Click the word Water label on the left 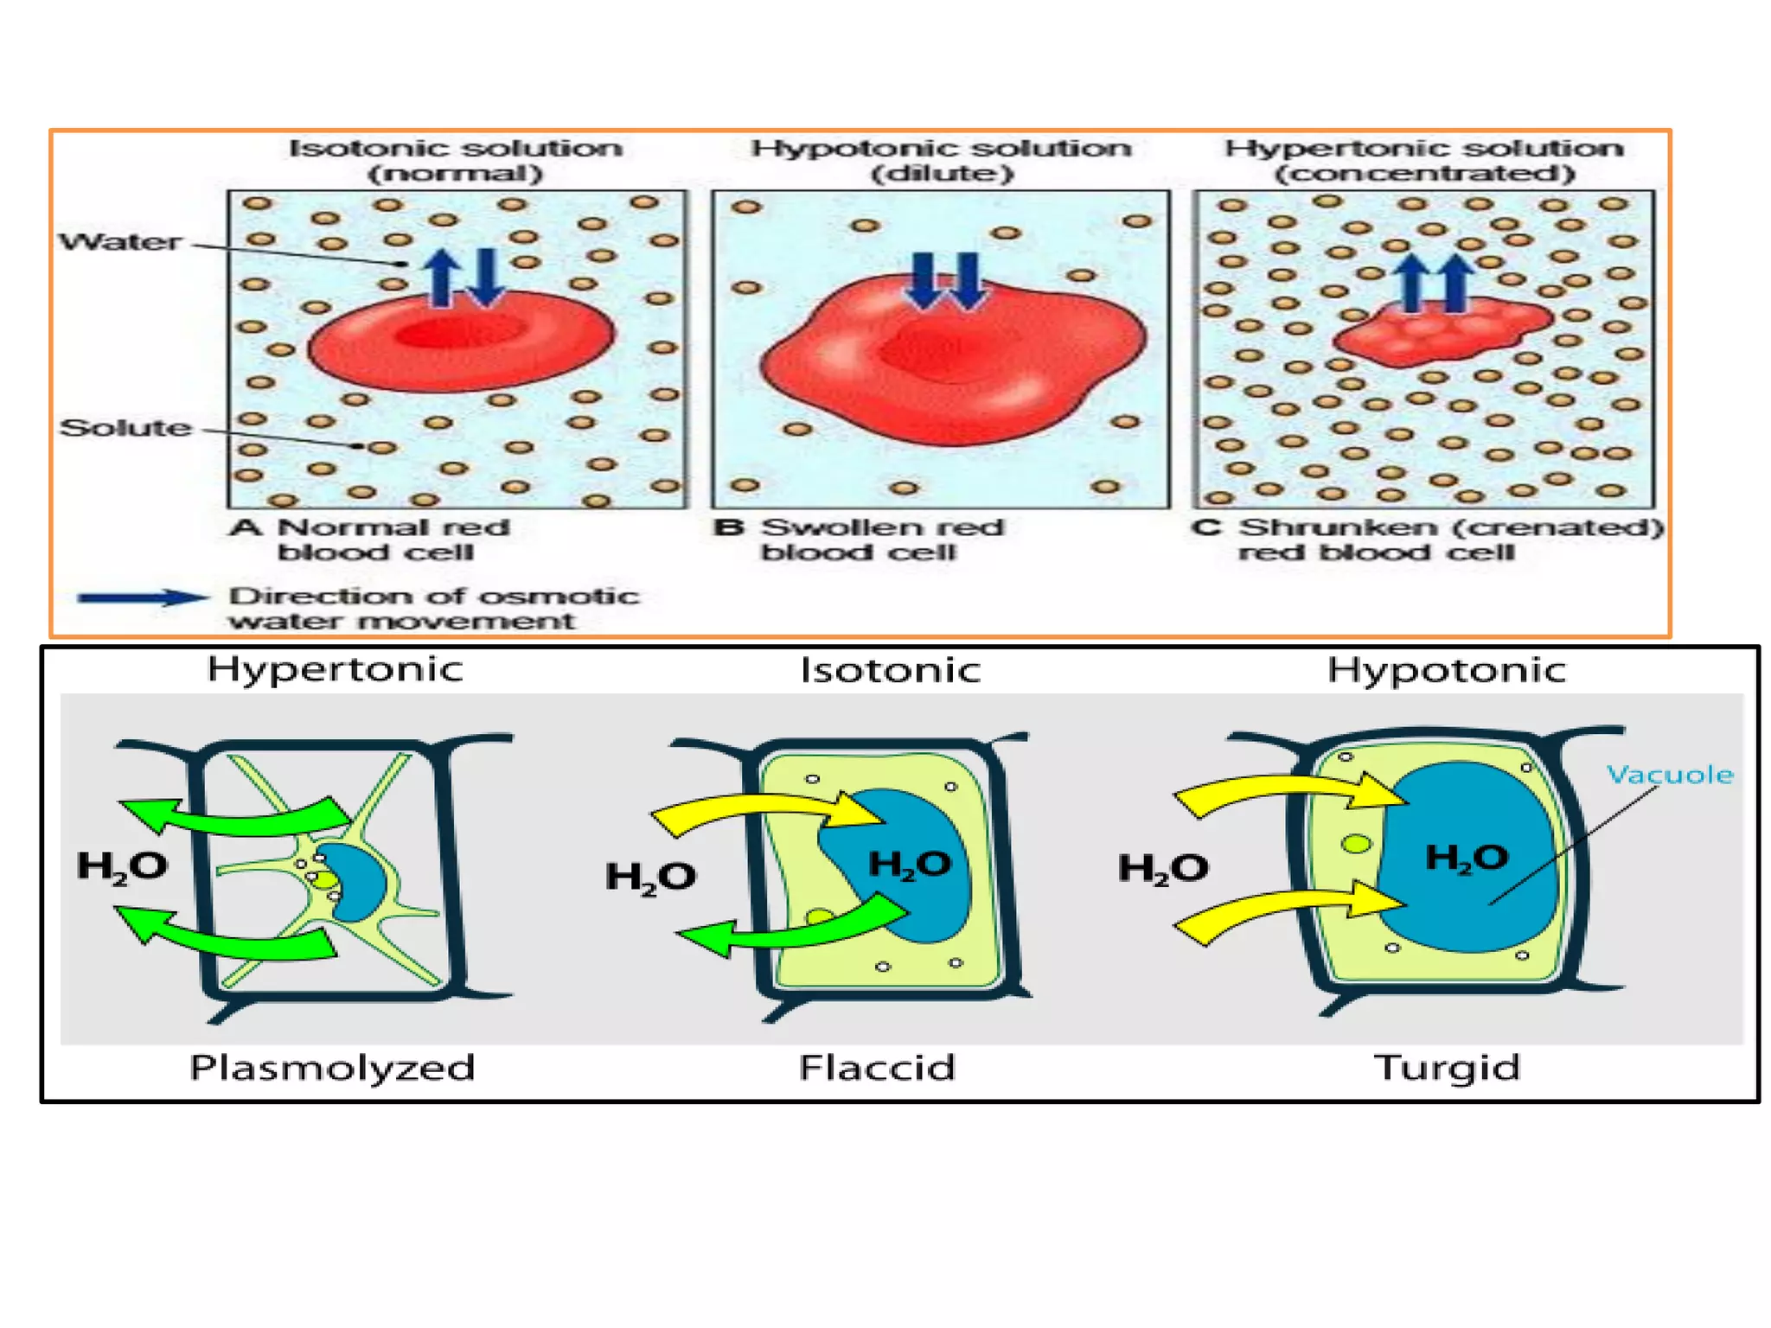click(120, 241)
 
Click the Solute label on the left click(126, 427)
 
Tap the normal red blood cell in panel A click(461, 341)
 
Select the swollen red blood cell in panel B click(951, 359)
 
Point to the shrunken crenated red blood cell click(1440, 333)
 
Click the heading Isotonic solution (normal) click(456, 160)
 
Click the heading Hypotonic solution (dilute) click(941, 160)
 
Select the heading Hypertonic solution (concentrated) click(1424, 160)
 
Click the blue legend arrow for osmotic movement click(143, 597)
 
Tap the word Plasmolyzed click(332, 1068)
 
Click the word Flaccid click(877, 1068)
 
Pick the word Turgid click(1447, 1068)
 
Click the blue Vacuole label click(1670, 775)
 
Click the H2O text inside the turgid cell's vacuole click(1467, 859)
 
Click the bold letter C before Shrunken click(1206, 527)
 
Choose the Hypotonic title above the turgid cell click(1447, 670)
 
